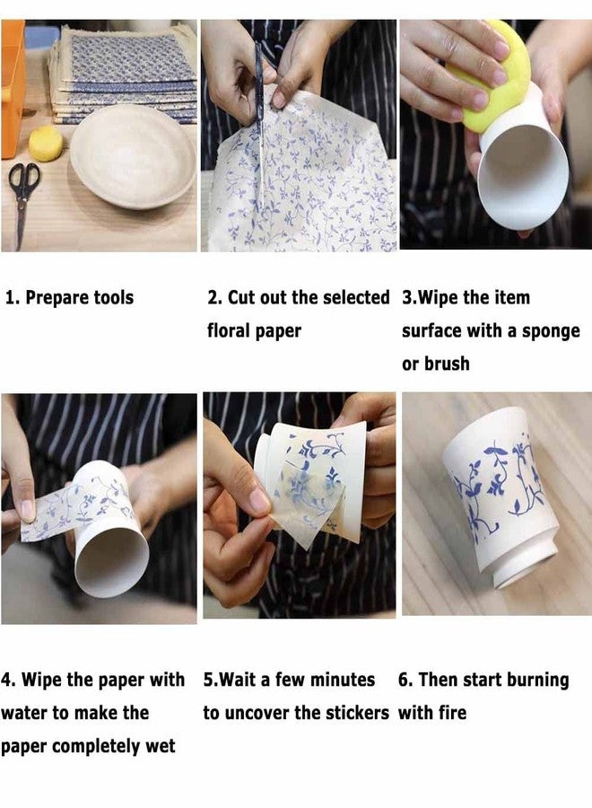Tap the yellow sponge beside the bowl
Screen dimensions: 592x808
click(46, 144)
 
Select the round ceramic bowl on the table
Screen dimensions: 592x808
click(133, 156)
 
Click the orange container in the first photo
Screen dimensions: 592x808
click(13, 88)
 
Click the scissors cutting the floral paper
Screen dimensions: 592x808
click(260, 124)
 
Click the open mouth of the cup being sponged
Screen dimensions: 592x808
click(524, 175)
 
